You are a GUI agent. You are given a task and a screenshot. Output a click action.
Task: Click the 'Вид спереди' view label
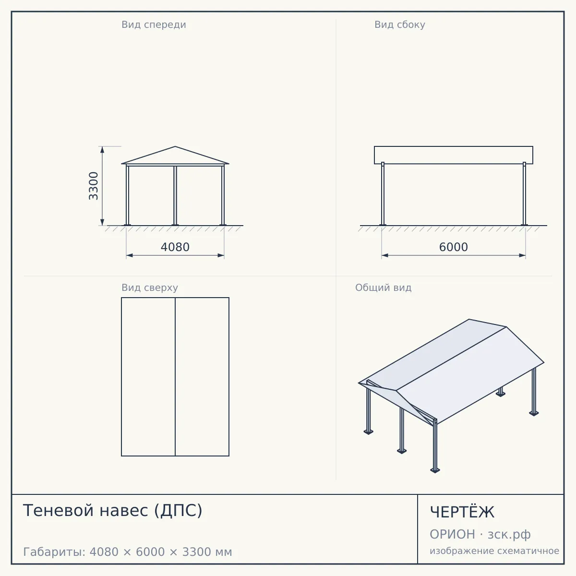click(154, 25)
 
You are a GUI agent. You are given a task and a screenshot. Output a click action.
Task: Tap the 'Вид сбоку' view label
click(400, 25)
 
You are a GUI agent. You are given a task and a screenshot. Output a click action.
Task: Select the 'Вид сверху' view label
click(150, 288)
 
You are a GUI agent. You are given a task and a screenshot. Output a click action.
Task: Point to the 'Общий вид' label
click(383, 288)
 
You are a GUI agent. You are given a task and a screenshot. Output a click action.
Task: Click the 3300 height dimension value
click(94, 186)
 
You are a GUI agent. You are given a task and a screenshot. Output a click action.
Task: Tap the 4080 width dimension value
click(175, 247)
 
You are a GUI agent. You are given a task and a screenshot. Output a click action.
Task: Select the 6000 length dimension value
click(454, 247)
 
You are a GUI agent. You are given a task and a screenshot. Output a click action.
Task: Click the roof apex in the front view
click(175, 146)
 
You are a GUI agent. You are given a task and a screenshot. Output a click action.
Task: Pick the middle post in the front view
click(175, 195)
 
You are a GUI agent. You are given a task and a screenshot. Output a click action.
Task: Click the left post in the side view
click(383, 194)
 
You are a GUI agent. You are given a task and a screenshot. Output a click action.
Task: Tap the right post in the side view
click(524, 194)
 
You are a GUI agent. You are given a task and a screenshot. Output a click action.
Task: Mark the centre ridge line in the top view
click(175, 377)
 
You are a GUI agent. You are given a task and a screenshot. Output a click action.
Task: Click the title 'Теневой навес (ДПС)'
click(113, 511)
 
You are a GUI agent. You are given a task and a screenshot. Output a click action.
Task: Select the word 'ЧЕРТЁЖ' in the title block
click(462, 512)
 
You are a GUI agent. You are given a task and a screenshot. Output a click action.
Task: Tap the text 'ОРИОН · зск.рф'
click(480, 535)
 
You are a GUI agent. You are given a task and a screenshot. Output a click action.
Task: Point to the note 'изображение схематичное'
click(494, 551)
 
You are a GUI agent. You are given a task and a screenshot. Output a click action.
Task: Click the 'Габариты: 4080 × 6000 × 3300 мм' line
click(128, 552)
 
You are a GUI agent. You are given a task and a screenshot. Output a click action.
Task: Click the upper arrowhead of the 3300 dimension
click(102, 149)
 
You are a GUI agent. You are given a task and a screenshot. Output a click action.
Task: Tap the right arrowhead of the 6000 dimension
click(522, 255)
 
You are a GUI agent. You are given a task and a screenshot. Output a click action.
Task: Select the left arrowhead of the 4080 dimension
click(130, 255)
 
